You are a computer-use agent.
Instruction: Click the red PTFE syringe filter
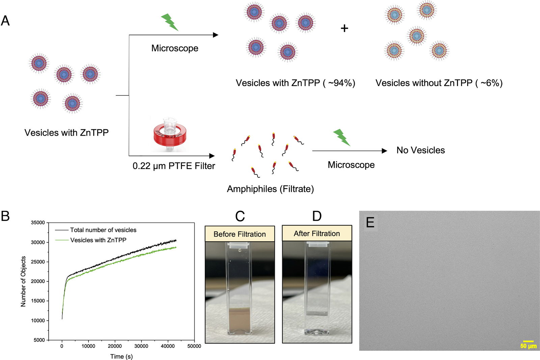(170, 135)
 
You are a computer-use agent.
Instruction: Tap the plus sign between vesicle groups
(344, 28)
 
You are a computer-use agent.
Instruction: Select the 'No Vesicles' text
(421, 150)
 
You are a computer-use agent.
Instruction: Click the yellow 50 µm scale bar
(528, 341)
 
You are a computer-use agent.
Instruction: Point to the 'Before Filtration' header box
(240, 234)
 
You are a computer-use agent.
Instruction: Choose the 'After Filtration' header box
(317, 233)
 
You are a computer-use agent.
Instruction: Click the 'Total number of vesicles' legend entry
(96, 230)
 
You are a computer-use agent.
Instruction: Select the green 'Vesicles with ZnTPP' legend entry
(91, 240)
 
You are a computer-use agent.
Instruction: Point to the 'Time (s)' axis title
(122, 356)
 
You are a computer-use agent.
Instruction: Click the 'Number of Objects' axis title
(23, 281)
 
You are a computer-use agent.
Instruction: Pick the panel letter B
(5, 216)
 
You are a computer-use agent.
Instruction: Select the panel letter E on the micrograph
(370, 222)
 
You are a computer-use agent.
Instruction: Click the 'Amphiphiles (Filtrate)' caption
(270, 189)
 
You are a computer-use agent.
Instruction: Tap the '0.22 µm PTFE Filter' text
(173, 166)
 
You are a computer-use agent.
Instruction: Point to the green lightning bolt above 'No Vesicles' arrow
(342, 137)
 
